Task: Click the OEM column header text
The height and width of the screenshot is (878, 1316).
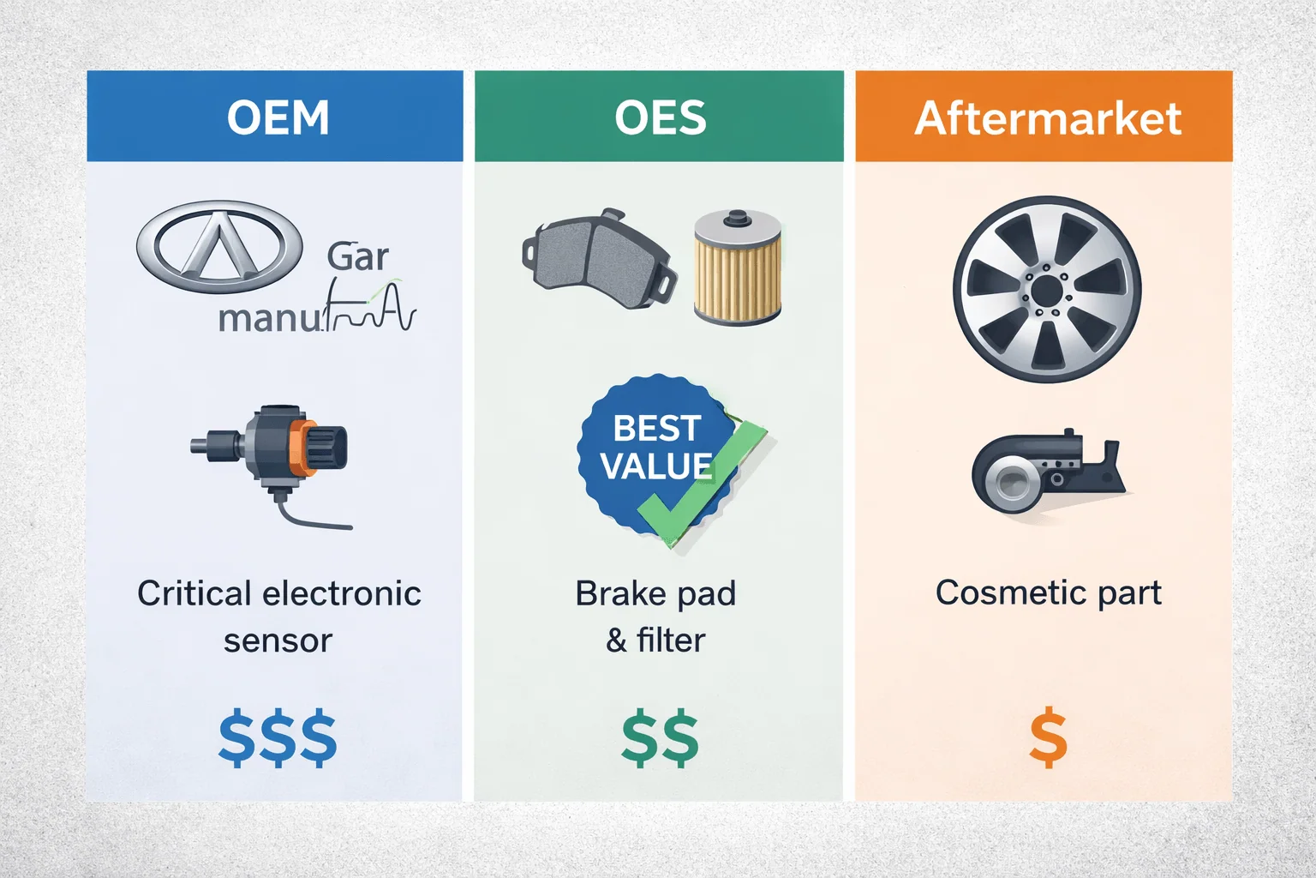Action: [278, 117]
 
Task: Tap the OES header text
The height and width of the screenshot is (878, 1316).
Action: [660, 117]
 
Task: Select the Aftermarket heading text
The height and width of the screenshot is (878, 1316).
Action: [1047, 117]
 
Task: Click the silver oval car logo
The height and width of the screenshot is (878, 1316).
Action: [219, 246]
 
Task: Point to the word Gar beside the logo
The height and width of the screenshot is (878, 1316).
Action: [357, 256]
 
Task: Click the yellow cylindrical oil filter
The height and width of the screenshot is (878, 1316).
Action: [737, 268]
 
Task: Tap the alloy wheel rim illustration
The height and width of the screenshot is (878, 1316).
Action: [1047, 289]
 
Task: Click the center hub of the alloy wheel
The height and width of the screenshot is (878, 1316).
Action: [1046, 291]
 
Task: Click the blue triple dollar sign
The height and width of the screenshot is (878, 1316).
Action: [278, 737]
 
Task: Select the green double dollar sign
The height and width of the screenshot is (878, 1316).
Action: [660, 737]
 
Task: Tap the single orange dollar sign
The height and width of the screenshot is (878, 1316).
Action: [1048, 737]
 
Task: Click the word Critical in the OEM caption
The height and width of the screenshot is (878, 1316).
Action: [194, 593]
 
